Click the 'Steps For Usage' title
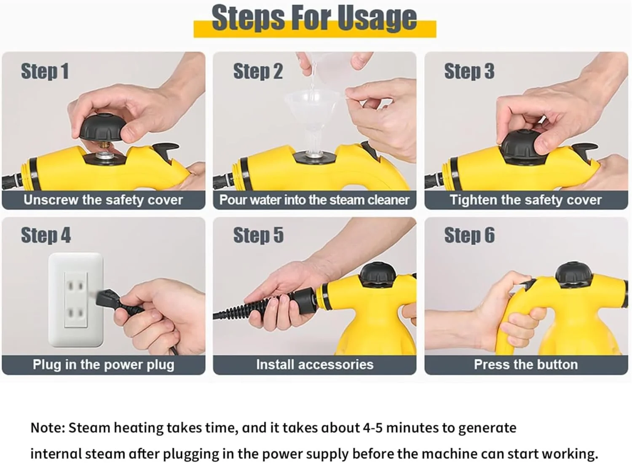click(x=314, y=18)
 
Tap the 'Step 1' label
click(x=45, y=71)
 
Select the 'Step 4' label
click(x=46, y=236)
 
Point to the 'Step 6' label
click(x=469, y=236)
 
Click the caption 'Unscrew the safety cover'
click(x=103, y=200)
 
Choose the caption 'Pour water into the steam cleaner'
click(x=314, y=200)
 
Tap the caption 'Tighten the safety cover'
click(x=526, y=200)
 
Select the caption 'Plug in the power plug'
click(x=103, y=364)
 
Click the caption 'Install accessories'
click(x=315, y=364)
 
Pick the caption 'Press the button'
click(x=526, y=364)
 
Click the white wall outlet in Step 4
click(x=75, y=300)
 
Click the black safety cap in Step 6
click(x=573, y=276)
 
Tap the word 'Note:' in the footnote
click(x=48, y=428)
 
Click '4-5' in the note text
click(x=373, y=428)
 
